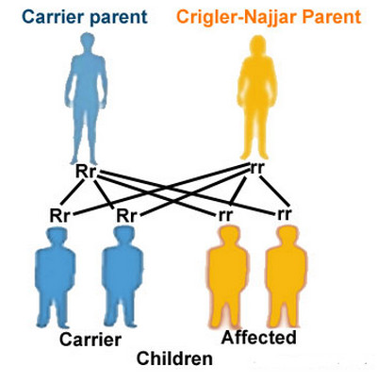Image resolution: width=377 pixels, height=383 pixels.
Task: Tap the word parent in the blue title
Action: point(119,18)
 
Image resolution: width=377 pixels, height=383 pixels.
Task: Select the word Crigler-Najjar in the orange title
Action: point(237,18)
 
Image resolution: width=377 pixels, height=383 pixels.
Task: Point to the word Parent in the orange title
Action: point(332,17)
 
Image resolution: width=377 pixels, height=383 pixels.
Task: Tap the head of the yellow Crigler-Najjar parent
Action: point(257,45)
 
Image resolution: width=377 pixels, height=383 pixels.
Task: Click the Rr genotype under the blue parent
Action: point(85,172)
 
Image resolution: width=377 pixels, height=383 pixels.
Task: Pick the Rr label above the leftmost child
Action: point(59,215)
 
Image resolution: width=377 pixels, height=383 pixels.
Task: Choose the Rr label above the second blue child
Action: point(126,216)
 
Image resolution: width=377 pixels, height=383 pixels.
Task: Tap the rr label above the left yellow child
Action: point(225,215)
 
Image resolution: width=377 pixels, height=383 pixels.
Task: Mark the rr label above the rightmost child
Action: point(285,214)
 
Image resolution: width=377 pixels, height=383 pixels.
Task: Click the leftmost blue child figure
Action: point(55,276)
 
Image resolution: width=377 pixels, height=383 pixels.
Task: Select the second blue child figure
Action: point(123,276)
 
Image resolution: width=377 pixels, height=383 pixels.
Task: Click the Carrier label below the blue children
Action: point(90,340)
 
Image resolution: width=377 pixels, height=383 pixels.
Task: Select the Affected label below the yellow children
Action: point(259,338)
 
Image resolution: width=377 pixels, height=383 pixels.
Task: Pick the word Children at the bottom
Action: point(174,358)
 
